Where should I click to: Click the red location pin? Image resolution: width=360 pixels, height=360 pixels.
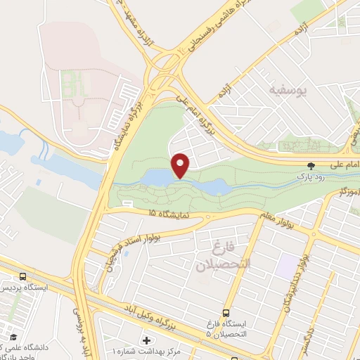181,165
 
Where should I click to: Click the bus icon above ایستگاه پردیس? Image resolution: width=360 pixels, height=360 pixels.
23,277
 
